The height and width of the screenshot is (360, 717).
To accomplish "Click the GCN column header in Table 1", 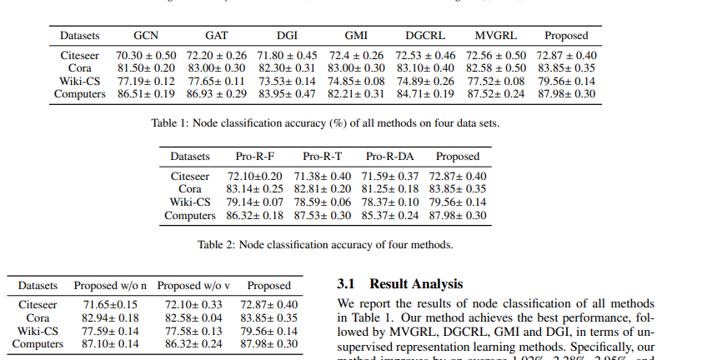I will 147,36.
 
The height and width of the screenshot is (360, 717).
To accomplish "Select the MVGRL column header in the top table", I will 496,36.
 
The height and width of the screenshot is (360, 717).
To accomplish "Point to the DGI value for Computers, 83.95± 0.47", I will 286,93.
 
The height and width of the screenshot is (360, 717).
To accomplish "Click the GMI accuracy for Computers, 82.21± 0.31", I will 356,93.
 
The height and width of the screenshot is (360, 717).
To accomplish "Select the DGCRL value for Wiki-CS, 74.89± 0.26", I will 425,81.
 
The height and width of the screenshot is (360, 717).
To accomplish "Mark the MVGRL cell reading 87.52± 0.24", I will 495,93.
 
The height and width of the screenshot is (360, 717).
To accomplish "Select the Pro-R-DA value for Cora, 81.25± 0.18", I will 389,189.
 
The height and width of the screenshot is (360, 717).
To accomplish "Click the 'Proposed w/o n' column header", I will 111,285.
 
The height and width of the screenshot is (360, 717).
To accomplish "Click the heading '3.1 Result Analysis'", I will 399,284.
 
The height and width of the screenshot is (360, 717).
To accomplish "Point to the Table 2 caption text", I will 325,245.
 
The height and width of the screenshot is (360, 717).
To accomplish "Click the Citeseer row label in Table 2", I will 190,176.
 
